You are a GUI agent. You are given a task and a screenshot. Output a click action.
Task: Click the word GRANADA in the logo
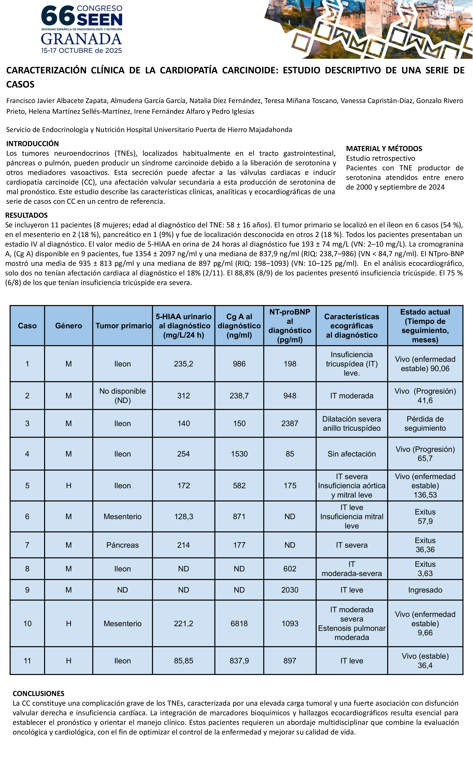[x=81, y=39]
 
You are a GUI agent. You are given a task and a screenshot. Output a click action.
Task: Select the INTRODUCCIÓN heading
[x=33, y=144]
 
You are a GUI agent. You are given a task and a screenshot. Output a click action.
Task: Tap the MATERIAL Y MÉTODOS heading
[x=384, y=149]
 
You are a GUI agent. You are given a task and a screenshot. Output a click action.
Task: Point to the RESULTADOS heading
[x=27, y=215]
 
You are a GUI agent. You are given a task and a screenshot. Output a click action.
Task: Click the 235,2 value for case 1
[x=184, y=364]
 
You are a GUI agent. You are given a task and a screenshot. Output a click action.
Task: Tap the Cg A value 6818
[x=239, y=623]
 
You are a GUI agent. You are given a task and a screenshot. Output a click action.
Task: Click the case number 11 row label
[x=27, y=661]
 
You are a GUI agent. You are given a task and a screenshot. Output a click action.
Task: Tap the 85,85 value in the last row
[x=184, y=661]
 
